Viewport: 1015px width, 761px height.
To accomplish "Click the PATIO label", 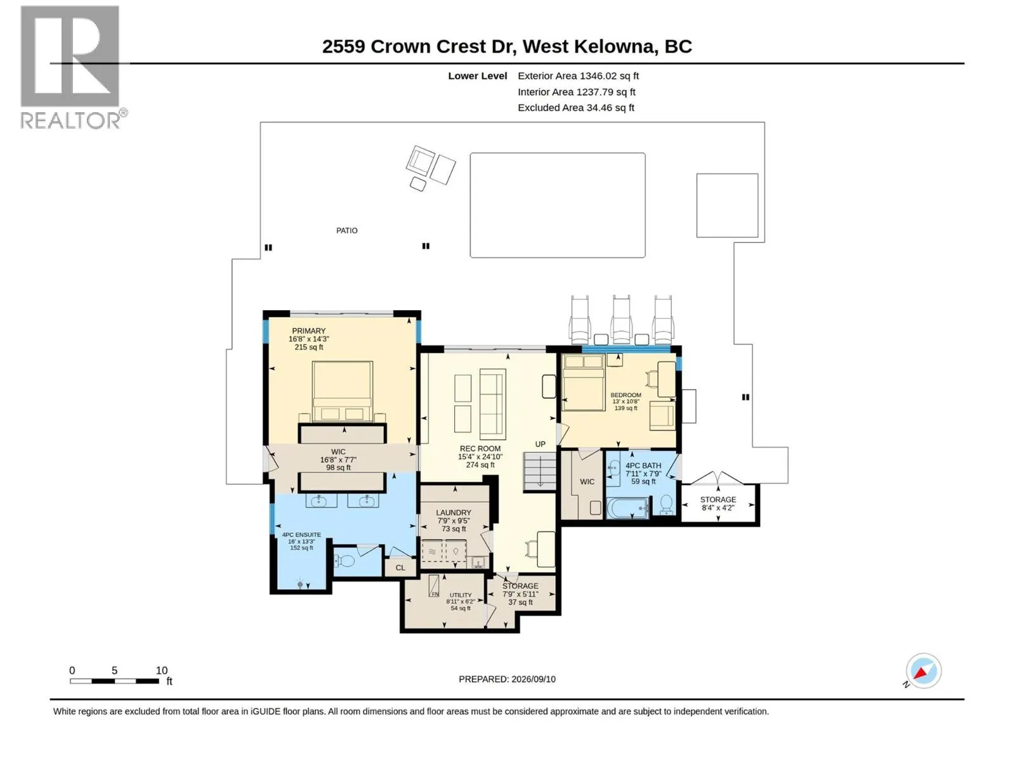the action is tap(346, 231).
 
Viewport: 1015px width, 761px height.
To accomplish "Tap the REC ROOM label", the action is tap(480, 448).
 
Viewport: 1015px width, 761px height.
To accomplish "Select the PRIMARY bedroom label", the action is tap(308, 331).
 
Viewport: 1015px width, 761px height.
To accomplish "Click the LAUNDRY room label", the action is tap(453, 513).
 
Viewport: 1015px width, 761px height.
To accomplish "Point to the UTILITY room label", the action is tap(461, 595).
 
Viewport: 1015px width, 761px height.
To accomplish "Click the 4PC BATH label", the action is tap(643, 465).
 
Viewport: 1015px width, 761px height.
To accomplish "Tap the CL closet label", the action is tap(400, 568).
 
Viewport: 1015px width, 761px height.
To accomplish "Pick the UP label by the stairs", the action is tap(540, 445).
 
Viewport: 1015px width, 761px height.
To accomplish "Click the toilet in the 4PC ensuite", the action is tap(344, 561).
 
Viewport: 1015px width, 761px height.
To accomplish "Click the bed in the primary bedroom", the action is tap(342, 391).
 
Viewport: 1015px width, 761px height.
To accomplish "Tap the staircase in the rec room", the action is tap(540, 472).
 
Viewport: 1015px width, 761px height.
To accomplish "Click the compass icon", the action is tap(924, 671).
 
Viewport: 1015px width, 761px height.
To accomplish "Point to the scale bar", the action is tap(115, 681).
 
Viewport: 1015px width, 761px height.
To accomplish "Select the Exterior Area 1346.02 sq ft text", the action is tap(578, 75).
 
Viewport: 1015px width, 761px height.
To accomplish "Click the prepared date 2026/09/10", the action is tap(533, 679).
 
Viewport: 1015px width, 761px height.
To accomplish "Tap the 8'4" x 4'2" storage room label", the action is tap(717, 508).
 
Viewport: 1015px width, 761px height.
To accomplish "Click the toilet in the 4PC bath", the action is tap(666, 505).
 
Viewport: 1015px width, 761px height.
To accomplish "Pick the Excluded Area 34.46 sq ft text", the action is tap(576, 108).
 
